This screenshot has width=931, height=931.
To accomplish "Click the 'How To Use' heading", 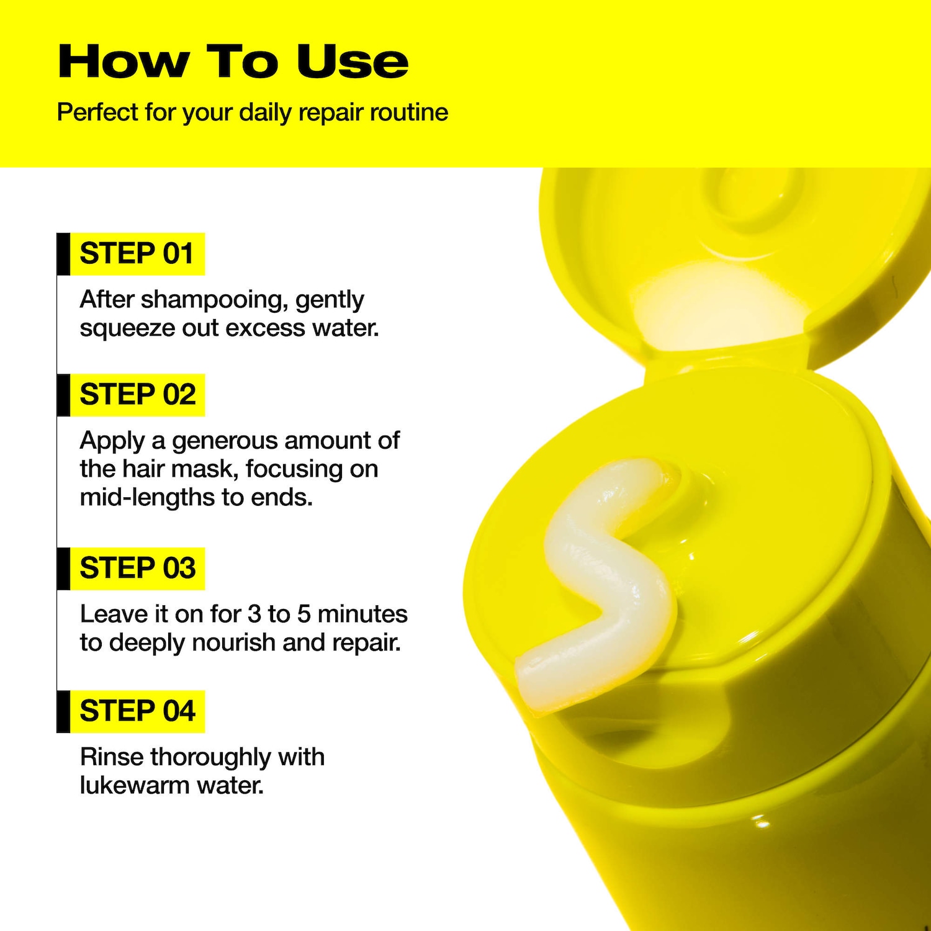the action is (x=233, y=61).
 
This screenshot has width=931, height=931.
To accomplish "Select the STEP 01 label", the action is (x=137, y=254).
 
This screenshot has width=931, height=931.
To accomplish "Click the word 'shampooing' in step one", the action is (x=214, y=301).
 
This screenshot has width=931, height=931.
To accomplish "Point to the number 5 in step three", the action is (x=304, y=614).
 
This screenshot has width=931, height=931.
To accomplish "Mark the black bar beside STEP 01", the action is (x=63, y=254).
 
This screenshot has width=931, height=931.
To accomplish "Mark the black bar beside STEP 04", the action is (x=63, y=711).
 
